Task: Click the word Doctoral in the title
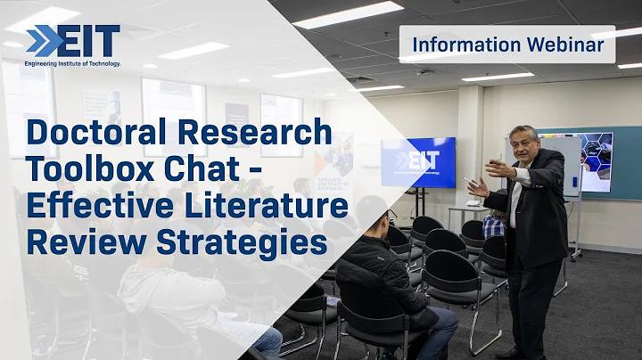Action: [96, 132]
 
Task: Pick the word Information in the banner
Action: [466, 45]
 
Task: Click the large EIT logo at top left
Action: [73, 40]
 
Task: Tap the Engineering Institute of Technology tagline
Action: [72, 64]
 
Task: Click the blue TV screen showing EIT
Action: [418, 162]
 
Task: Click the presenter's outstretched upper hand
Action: [498, 168]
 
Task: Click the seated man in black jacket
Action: [392, 278]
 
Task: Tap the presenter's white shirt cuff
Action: [521, 176]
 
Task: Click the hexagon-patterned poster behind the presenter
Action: [597, 161]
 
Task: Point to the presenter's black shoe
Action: [511, 354]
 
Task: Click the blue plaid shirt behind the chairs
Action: [493, 226]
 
